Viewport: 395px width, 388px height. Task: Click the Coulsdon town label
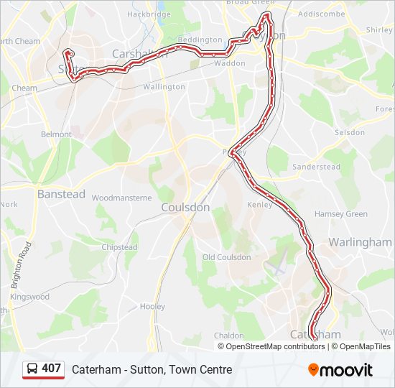tap(185, 207)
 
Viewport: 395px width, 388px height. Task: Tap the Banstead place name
tap(61, 194)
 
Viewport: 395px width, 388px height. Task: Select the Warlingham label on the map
tap(360, 242)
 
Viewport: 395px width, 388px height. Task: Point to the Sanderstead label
tap(317, 167)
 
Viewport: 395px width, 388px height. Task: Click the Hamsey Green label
tap(340, 214)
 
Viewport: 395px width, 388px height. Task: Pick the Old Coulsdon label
tap(227, 257)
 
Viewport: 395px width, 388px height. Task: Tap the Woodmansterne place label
tap(121, 198)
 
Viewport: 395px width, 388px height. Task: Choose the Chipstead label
tap(119, 247)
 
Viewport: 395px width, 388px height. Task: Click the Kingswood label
tap(30, 297)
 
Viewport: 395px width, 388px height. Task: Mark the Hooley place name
tap(152, 307)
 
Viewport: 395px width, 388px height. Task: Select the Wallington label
tap(164, 87)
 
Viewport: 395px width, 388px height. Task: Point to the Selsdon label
tap(350, 133)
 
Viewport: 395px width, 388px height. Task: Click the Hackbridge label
tap(149, 14)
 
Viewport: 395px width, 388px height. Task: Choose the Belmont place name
tap(56, 134)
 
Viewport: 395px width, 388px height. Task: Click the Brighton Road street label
tap(20, 264)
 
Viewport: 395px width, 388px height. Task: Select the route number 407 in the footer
tap(51, 369)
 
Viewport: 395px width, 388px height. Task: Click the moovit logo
tap(340, 369)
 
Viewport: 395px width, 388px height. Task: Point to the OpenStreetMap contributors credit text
tap(275, 346)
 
